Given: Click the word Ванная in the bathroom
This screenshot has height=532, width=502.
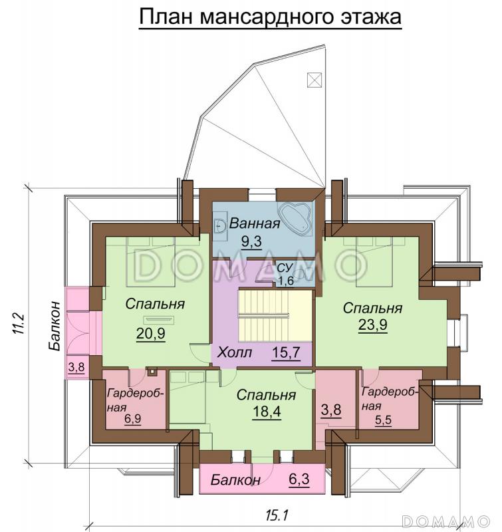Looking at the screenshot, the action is (255, 224).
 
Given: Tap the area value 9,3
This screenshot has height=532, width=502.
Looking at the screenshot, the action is (251, 241).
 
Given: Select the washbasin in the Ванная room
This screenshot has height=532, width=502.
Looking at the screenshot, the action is (220, 225).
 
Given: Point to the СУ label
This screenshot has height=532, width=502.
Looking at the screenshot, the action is (285, 268).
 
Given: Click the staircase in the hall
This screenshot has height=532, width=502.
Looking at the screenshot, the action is (275, 315).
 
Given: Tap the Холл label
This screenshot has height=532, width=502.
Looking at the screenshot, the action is (235, 352).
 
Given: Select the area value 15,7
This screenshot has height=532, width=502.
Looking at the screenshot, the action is (286, 352).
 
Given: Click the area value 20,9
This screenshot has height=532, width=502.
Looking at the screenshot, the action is (150, 334).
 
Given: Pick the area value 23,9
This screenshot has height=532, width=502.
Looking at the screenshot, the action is (373, 325).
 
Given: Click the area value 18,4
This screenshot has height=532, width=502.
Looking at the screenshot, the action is (267, 412).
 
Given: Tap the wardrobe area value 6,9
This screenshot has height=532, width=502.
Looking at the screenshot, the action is (132, 419).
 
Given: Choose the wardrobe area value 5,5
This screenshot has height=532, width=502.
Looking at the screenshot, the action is (383, 420).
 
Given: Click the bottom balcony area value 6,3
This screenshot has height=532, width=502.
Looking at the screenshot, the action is (299, 479).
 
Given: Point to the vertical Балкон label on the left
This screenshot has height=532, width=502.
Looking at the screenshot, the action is (55, 326).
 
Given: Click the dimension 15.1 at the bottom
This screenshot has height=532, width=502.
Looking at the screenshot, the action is (277, 516).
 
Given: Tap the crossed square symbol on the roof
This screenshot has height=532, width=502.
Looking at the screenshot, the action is (314, 80).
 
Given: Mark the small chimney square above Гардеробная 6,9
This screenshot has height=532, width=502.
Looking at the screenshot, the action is (152, 372).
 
